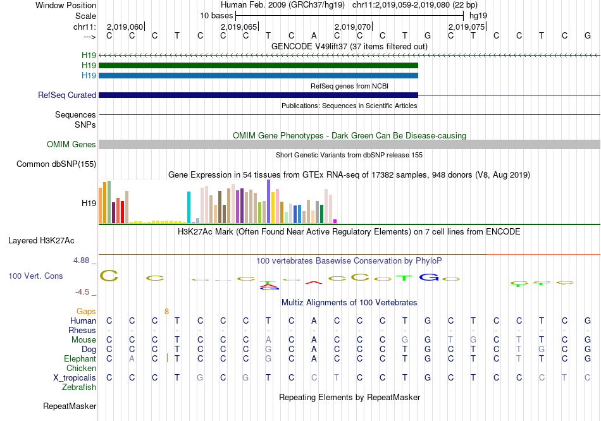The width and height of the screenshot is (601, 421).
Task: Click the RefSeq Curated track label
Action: tap(67, 95)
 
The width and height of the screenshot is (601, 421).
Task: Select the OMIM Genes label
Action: tap(71, 145)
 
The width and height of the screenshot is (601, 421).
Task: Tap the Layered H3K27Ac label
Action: tap(41, 241)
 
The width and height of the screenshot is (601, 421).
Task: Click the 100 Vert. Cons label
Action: tap(35, 276)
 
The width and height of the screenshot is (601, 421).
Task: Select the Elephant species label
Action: tap(80, 358)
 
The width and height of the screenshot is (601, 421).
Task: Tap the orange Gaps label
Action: tap(86, 311)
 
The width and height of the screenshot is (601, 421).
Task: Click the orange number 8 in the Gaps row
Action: tap(166, 311)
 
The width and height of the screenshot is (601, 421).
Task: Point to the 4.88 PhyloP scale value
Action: tap(84, 260)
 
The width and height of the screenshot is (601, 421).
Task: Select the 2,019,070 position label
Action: tap(352, 27)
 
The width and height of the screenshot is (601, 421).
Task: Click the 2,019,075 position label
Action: tap(466, 27)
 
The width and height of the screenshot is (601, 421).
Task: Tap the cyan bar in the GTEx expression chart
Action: tap(189, 207)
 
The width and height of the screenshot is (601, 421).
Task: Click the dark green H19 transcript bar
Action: tap(258, 66)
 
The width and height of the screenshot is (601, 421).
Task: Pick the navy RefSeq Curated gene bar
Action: tap(258, 95)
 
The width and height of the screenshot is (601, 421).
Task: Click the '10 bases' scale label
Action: tap(216, 15)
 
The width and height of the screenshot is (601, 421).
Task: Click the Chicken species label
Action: tap(82, 368)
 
